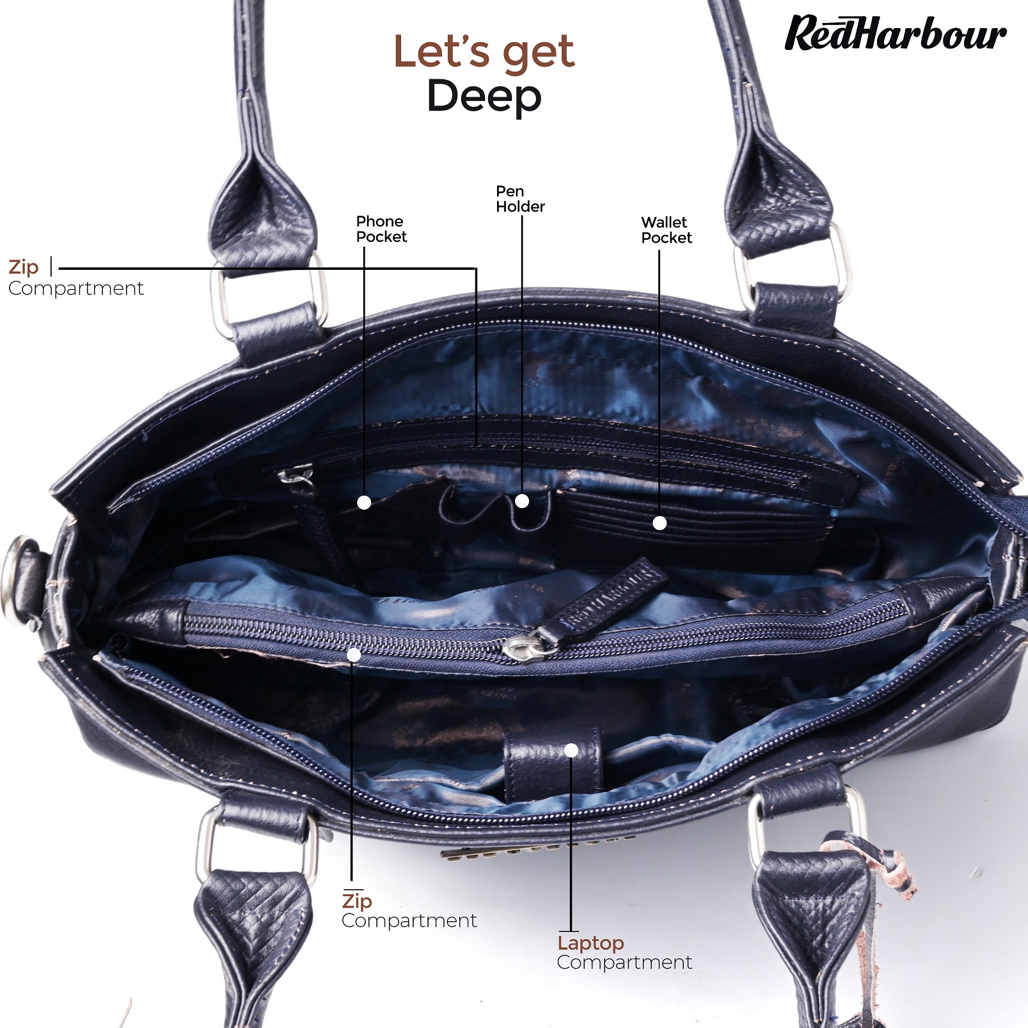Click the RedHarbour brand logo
coord(896,33)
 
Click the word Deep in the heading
coord(484,97)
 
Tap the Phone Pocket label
coord(381,229)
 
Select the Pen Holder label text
coord(520,199)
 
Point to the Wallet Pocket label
coord(667,230)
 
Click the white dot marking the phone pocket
coord(364,503)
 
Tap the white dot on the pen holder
coord(522,501)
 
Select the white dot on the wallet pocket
coord(660,523)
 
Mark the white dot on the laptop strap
coord(572,750)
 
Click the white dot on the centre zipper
coord(354,655)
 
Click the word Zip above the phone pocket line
coord(24,267)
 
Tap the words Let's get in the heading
coord(484,51)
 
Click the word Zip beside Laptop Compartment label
coord(357,901)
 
